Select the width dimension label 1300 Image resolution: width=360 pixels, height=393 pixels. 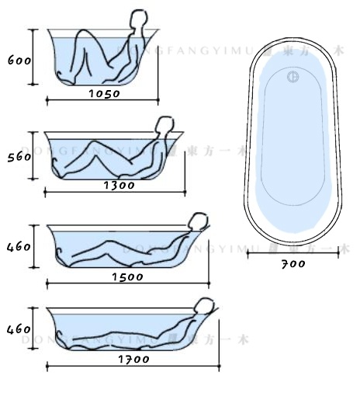(119, 185)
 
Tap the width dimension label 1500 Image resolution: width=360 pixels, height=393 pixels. (127, 276)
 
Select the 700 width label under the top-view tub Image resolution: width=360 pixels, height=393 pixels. (293, 263)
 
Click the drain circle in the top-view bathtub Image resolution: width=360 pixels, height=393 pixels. (292, 77)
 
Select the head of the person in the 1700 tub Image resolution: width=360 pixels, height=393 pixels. (204, 304)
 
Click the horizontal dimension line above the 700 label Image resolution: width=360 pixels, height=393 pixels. (292, 252)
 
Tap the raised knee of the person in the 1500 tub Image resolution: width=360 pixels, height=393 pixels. (116, 242)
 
